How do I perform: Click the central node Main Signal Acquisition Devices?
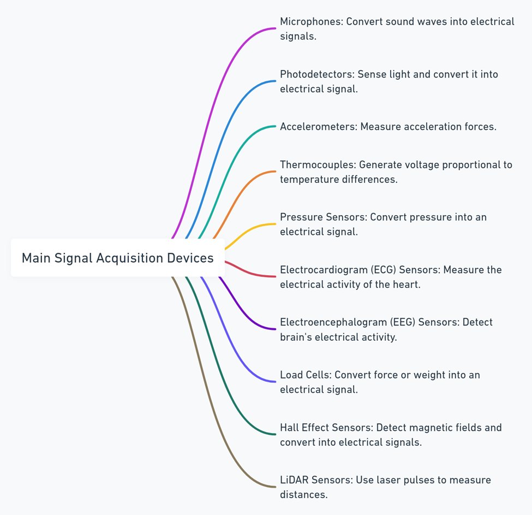click(117, 258)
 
